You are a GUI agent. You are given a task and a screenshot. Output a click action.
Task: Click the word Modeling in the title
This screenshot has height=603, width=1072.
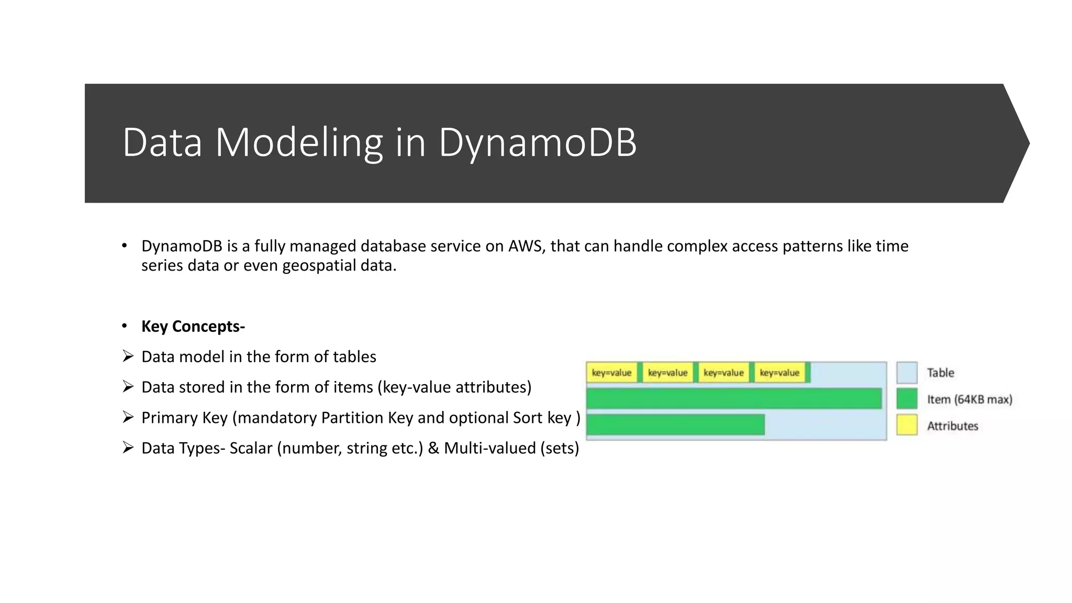pyautogui.click(x=299, y=142)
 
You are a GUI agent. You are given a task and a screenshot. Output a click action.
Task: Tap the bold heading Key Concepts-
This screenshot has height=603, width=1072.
pyautogui.click(x=193, y=327)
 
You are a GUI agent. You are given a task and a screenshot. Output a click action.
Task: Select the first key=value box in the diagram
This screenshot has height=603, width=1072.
pyautogui.click(x=611, y=373)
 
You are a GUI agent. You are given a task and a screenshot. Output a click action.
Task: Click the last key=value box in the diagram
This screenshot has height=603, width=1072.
pyautogui.click(x=779, y=373)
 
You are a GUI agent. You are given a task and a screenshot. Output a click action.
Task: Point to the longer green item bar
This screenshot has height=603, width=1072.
pyautogui.click(x=734, y=399)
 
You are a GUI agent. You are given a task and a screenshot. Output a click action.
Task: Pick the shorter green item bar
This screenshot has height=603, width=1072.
pyautogui.click(x=675, y=425)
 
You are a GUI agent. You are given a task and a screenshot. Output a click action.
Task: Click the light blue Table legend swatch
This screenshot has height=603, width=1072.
pyautogui.click(x=907, y=373)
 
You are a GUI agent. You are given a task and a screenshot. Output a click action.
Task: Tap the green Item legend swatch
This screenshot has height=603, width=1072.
pyautogui.click(x=907, y=399)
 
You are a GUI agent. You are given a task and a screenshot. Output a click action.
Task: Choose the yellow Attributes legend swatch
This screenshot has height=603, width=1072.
pyautogui.click(x=907, y=425)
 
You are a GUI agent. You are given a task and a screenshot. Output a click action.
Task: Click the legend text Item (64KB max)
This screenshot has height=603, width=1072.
pyautogui.click(x=969, y=400)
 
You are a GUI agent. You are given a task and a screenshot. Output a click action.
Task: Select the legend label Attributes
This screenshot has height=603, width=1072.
pyautogui.click(x=952, y=426)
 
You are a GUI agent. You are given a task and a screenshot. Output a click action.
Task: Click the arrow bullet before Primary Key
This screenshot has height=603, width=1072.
pyautogui.click(x=128, y=417)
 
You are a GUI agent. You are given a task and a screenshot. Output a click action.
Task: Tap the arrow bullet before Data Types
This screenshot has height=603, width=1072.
pyautogui.click(x=128, y=448)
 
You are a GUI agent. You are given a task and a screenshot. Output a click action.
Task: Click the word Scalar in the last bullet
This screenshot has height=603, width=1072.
pyautogui.click(x=251, y=449)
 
